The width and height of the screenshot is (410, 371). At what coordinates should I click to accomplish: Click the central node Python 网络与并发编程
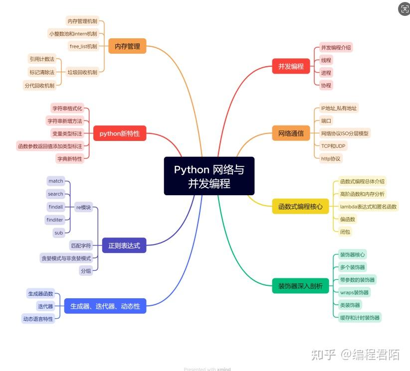click(x=209, y=176)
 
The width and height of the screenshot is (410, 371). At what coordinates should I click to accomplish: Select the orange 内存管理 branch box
click(x=127, y=47)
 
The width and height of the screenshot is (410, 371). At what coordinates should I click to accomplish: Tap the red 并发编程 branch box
click(x=291, y=66)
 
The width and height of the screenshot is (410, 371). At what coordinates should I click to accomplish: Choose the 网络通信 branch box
click(x=291, y=133)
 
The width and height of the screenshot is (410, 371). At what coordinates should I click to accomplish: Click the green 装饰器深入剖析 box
click(x=300, y=286)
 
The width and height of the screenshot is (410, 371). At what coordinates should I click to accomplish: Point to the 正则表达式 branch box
click(x=124, y=245)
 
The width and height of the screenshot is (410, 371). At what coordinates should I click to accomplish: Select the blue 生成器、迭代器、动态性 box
click(x=105, y=306)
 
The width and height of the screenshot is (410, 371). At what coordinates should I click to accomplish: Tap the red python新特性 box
click(x=120, y=133)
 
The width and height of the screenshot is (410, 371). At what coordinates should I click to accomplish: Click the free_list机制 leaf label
click(x=83, y=46)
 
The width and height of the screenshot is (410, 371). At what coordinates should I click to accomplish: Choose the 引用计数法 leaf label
click(x=42, y=59)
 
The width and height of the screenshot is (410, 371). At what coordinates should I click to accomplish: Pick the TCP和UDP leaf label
click(x=334, y=146)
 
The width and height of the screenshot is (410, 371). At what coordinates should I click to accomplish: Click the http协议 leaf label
click(x=331, y=158)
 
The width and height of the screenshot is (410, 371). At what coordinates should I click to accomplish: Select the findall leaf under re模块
click(x=56, y=207)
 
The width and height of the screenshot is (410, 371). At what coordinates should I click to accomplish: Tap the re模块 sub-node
click(x=83, y=207)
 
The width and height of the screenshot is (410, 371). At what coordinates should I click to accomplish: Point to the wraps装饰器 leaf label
click(x=354, y=292)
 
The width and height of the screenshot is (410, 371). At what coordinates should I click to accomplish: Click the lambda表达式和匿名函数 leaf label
click(x=368, y=206)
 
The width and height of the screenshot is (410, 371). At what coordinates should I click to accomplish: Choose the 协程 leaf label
click(x=326, y=85)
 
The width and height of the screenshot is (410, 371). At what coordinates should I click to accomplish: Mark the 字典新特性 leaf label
click(x=69, y=158)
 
